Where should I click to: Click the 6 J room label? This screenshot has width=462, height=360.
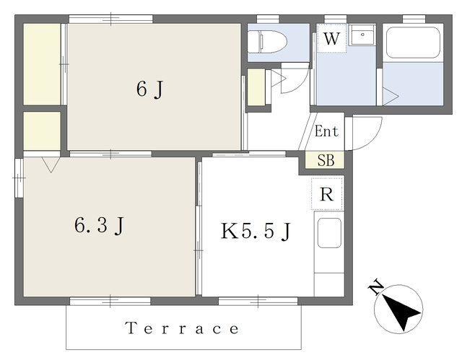pyautogui.click(x=149, y=89)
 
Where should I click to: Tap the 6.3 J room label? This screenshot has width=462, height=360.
pyautogui.click(x=100, y=226)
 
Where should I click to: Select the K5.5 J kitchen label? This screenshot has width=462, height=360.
pyautogui.click(x=256, y=232)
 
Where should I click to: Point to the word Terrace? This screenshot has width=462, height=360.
pyautogui.click(x=182, y=328)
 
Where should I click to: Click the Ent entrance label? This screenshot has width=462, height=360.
pyautogui.click(x=326, y=131)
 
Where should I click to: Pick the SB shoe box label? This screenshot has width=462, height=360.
pyautogui.click(x=326, y=160)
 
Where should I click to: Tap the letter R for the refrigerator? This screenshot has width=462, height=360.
pyautogui.click(x=326, y=194)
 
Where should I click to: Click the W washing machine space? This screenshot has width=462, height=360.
pyautogui.click(x=332, y=38)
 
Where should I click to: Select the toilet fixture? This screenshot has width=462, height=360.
pyautogui.click(x=267, y=42)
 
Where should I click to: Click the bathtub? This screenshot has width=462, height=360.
pyautogui.click(x=413, y=43)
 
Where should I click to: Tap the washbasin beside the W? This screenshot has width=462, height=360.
pyautogui.click(x=362, y=35)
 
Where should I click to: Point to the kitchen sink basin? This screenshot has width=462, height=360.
pyautogui.click(x=329, y=233)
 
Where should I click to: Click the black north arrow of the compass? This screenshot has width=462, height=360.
pyautogui.click(x=401, y=312)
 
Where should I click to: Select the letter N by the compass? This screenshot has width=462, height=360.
pyautogui.click(x=376, y=287)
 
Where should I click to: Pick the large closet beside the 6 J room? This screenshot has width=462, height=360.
pyautogui.click(x=42, y=64)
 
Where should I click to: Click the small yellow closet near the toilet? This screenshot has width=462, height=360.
pyautogui.click(x=256, y=87)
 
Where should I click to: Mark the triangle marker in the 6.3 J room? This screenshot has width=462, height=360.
pyautogui.click(x=51, y=164)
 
